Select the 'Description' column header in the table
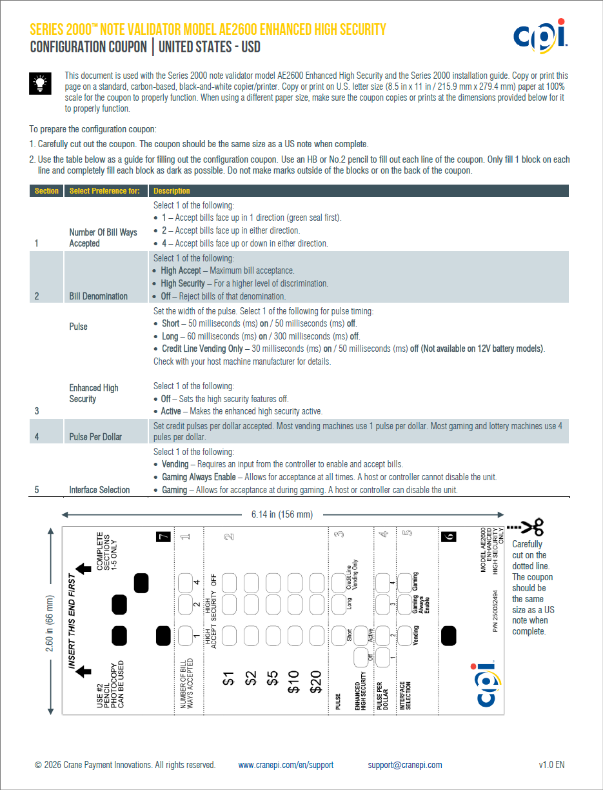click(172, 191)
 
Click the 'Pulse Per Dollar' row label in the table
click(95, 437)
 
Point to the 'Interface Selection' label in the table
click(99, 490)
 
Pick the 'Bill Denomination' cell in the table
click(98, 296)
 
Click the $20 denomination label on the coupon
click(315, 681)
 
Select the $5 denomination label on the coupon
click(272, 678)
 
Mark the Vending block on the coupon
click(406, 636)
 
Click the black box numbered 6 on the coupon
click(450, 536)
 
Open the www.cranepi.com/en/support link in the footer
click(286, 765)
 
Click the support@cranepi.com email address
click(405, 765)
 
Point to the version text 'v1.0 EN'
click(551, 765)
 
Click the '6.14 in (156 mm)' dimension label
click(282, 514)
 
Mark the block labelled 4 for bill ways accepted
click(186, 582)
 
